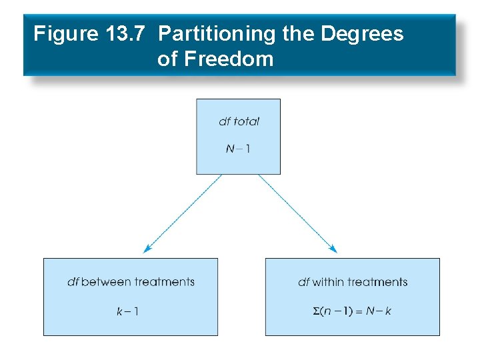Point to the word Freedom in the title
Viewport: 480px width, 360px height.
pyautogui.click(x=229, y=59)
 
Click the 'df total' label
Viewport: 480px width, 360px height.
pyautogui.click(x=239, y=121)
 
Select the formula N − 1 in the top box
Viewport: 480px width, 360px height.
pyautogui.click(x=238, y=149)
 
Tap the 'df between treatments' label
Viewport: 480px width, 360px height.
pyautogui.click(x=131, y=282)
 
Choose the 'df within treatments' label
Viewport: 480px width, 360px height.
pyautogui.click(x=353, y=282)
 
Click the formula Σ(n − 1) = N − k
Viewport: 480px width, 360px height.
pyautogui.click(x=353, y=311)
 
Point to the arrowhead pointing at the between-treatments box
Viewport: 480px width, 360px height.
pyautogui.click(x=146, y=249)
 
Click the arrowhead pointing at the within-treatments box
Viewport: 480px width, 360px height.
pyautogui.click(x=334, y=249)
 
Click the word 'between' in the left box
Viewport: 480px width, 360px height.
pyautogui.click(x=105, y=282)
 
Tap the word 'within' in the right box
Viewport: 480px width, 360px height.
pyautogui.click(x=327, y=282)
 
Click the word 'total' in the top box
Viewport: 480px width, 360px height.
pyautogui.click(x=246, y=121)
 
